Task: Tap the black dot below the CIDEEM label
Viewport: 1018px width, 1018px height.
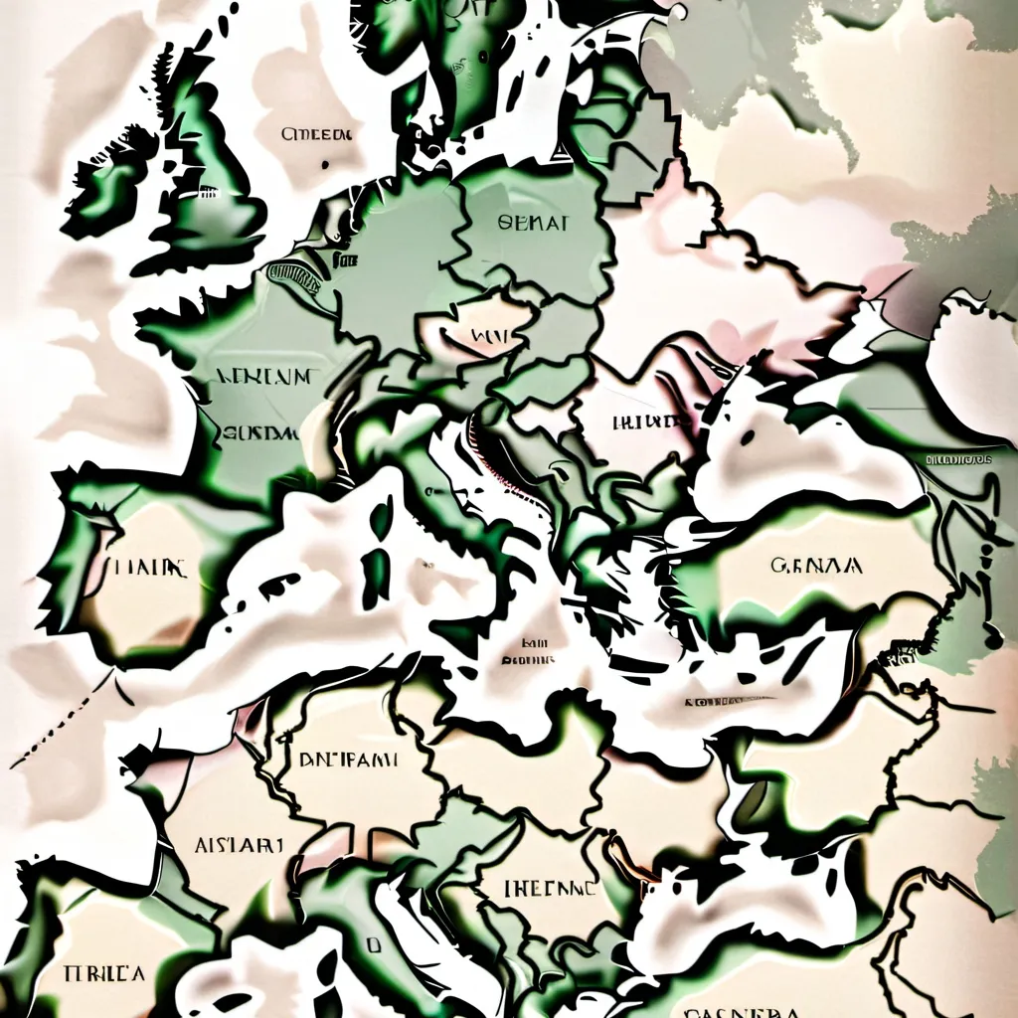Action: click(x=326, y=165)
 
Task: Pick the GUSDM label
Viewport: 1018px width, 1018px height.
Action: click(x=261, y=433)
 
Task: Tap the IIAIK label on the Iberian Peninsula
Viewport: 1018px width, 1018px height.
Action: click(x=149, y=569)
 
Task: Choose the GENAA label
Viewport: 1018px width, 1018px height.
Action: click(x=816, y=567)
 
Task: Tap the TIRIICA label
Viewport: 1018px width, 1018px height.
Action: click(x=103, y=972)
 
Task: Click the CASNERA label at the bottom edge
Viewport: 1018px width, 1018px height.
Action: click(x=742, y=1009)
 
